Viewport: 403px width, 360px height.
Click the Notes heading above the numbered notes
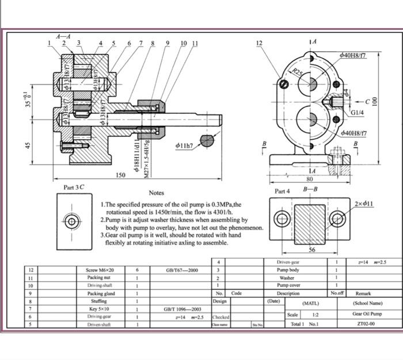[157, 193]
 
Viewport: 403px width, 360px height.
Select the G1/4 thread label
[358, 113]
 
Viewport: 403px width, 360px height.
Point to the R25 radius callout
[297, 72]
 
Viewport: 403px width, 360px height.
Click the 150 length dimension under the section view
[120, 175]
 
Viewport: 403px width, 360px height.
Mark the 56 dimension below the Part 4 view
[311, 250]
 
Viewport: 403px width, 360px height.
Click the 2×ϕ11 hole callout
[364, 204]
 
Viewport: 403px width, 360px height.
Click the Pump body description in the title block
[287, 270]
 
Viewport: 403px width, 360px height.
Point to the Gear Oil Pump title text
[367, 314]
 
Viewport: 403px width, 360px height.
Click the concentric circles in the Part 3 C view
[71, 221]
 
